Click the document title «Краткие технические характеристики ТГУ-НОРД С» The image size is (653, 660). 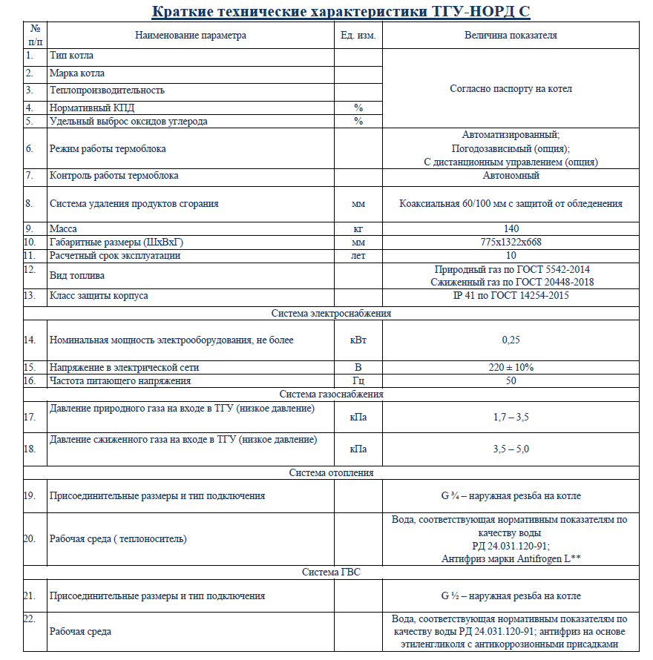point(341,12)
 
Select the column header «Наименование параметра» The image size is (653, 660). point(191,35)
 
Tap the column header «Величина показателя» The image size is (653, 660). point(511,35)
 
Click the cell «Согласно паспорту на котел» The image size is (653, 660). point(511,89)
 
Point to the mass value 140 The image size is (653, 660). point(511,229)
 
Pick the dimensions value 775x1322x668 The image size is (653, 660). point(511,242)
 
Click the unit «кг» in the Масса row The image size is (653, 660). point(358,229)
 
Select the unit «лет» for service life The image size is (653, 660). point(358,256)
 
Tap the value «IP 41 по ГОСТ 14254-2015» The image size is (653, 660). point(511,296)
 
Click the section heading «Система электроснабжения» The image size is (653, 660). point(331,313)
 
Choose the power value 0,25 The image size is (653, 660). point(511,340)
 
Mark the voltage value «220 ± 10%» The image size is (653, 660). point(511,367)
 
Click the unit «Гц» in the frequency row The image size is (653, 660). point(358,380)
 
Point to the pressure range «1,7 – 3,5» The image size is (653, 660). point(511,418)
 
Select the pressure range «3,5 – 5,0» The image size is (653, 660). point(511,449)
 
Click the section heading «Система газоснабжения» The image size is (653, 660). point(331,394)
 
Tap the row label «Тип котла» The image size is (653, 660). point(71,56)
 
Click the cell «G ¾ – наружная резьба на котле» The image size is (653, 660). point(511,496)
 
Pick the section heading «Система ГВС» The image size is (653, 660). point(331,572)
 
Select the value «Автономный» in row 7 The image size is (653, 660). point(511,176)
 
